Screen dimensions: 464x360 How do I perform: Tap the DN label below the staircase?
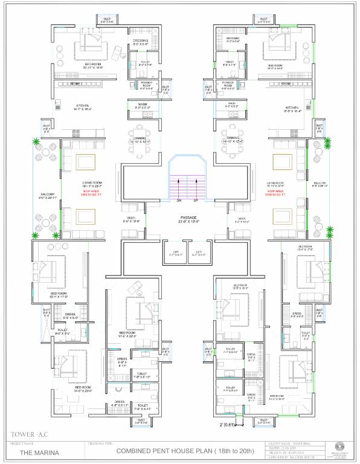click(x=179, y=200)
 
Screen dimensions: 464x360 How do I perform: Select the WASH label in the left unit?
click(x=142, y=104)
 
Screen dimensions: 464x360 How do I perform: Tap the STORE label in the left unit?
click(x=75, y=84)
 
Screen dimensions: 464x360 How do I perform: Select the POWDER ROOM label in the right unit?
click(x=228, y=84)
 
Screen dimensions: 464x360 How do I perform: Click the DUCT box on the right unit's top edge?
click(x=264, y=21)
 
